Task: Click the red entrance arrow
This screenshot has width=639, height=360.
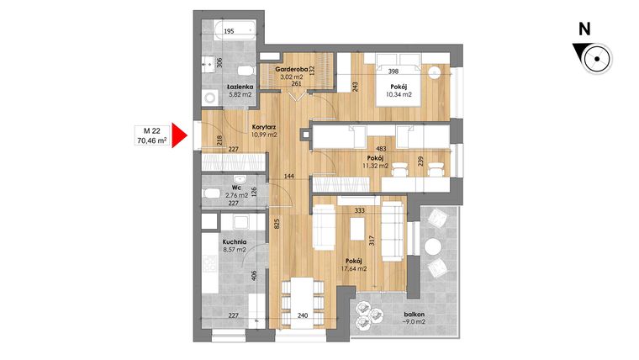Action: (177, 135)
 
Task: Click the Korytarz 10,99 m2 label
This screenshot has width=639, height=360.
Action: (265, 130)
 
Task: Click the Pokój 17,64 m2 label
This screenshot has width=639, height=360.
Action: (355, 264)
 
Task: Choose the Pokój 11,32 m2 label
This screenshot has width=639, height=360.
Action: (376, 161)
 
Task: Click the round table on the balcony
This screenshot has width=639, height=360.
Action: (433, 246)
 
